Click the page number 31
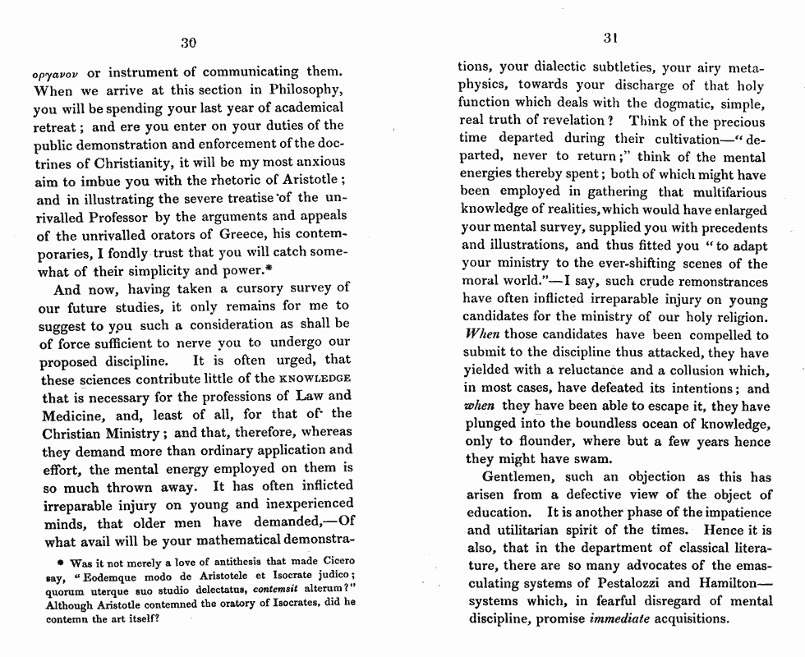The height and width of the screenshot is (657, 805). (x=609, y=37)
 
